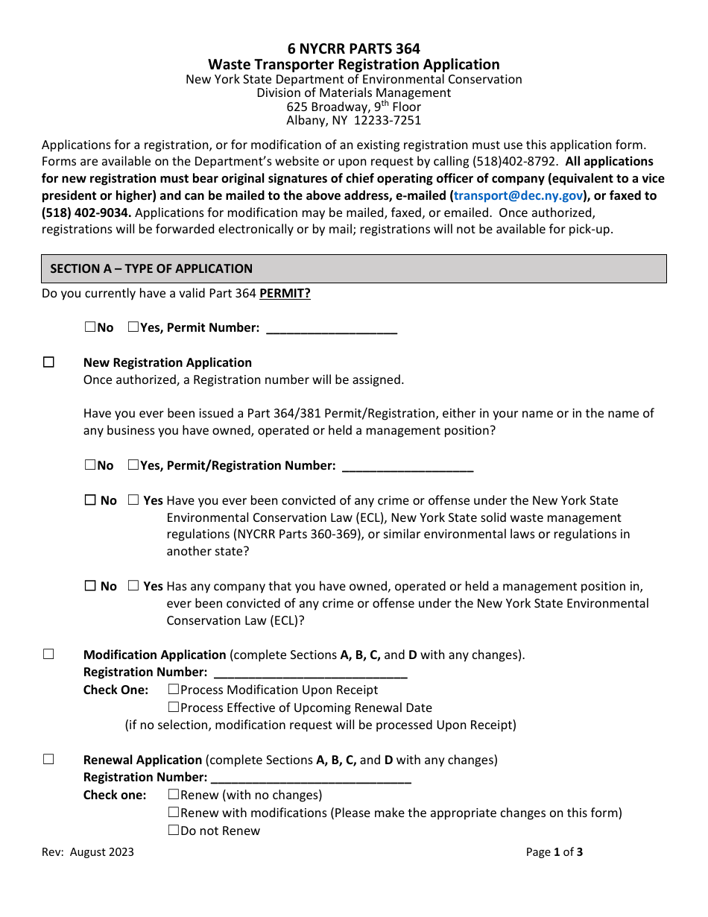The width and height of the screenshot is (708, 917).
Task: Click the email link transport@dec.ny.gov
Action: click(518, 195)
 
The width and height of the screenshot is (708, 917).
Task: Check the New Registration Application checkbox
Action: click(48, 362)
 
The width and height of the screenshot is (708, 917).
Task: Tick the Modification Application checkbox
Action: click(48, 655)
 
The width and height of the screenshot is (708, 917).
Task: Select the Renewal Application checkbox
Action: click(48, 760)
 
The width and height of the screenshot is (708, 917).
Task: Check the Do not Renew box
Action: click(174, 831)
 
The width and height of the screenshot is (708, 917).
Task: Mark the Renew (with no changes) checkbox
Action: click(174, 795)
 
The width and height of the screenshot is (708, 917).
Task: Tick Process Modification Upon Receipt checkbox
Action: click(174, 690)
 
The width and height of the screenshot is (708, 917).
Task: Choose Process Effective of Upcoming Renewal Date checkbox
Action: click(174, 708)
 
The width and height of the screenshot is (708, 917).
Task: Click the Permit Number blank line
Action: click(331, 329)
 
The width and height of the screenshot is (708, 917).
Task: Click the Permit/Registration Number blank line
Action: click(407, 467)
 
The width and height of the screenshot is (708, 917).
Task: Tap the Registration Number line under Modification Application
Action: click(309, 673)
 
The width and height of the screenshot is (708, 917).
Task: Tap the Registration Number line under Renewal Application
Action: click(311, 778)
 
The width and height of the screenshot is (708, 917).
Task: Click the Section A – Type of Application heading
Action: click(151, 268)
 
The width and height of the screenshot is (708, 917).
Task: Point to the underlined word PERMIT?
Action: click(285, 294)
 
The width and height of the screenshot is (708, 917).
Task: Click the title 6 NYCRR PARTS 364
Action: click(353, 50)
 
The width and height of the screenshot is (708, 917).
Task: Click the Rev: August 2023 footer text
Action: click(88, 852)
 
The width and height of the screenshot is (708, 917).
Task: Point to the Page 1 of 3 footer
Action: click(554, 852)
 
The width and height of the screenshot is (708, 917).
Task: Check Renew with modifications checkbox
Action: click(174, 813)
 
